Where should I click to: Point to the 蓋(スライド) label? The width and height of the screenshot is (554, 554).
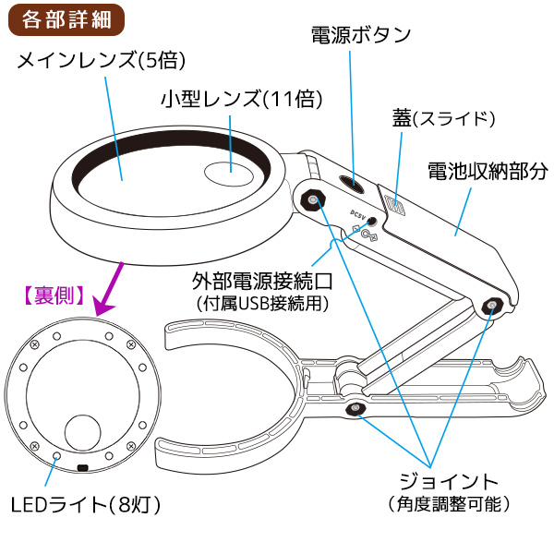(444, 119)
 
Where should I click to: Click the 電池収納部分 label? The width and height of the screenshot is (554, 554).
(488, 172)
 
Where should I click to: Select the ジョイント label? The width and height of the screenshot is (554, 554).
(449, 482)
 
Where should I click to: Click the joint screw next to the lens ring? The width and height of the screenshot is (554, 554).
(315, 200)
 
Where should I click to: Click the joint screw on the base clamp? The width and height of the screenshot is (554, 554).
(354, 409)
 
